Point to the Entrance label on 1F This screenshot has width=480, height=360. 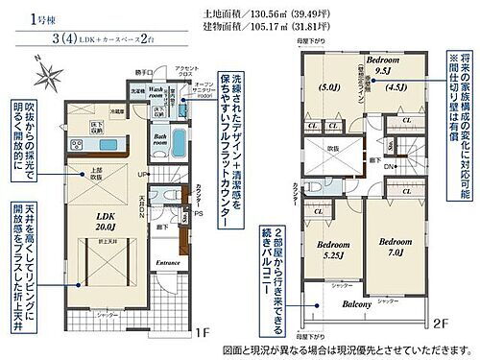click(171, 262)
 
